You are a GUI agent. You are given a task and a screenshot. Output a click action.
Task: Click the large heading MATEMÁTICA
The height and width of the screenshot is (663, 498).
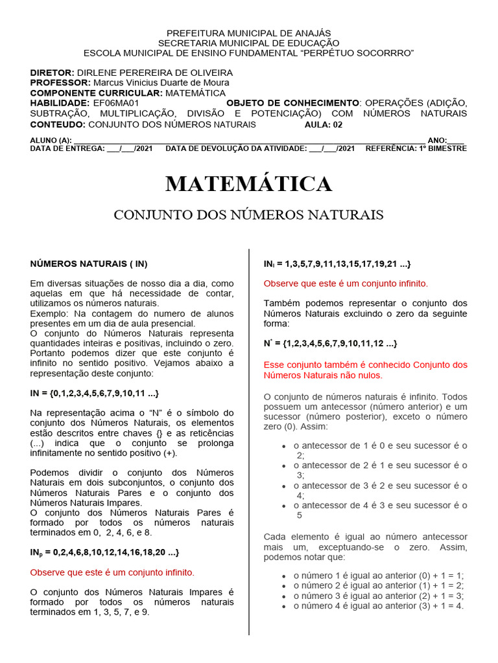(x=248, y=184)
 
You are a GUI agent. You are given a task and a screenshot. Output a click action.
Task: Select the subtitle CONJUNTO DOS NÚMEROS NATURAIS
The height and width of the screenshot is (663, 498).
(x=248, y=215)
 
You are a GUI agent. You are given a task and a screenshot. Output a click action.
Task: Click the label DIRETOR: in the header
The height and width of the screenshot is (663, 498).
(x=53, y=73)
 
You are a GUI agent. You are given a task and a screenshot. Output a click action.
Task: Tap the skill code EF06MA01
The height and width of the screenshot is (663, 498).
(x=116, y=103)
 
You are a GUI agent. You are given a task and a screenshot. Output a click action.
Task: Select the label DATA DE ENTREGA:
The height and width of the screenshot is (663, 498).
(x=67, y=148)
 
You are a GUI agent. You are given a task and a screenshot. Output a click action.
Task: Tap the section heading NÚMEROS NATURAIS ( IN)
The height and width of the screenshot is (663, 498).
(x=89, y=264)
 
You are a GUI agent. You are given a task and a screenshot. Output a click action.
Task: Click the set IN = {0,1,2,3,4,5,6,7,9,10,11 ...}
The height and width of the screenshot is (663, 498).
(x=95, y=393)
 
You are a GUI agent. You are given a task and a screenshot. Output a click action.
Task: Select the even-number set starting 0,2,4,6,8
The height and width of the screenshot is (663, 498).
(x=105, y=552)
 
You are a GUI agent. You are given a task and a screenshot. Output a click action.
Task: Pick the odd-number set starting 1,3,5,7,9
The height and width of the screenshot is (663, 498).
(x=337, y=264)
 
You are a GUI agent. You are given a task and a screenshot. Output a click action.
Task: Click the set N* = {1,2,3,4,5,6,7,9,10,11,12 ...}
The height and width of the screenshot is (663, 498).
(x=330, y=343)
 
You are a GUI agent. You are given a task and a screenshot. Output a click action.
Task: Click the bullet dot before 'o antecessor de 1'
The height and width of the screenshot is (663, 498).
(x=285, y=446)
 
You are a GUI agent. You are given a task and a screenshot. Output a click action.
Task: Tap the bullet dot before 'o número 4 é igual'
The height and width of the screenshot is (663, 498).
(x=285, y=607)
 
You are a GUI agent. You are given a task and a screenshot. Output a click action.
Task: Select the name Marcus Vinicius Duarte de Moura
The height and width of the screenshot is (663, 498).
(x=161, y=83)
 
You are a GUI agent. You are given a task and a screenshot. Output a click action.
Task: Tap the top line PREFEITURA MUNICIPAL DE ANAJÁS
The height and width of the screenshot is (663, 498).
(x=248, y=33)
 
